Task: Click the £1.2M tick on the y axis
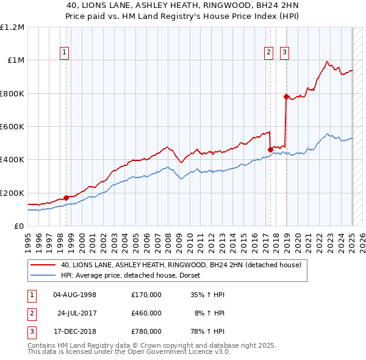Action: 12,27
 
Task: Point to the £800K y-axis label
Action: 12,93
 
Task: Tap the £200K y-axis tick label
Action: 12,193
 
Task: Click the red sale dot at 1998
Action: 66,198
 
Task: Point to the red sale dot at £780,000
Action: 285,96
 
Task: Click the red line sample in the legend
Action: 43,265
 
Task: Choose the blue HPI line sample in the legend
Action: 43,275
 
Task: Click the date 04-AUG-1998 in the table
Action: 75,295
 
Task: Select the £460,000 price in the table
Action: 146,313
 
